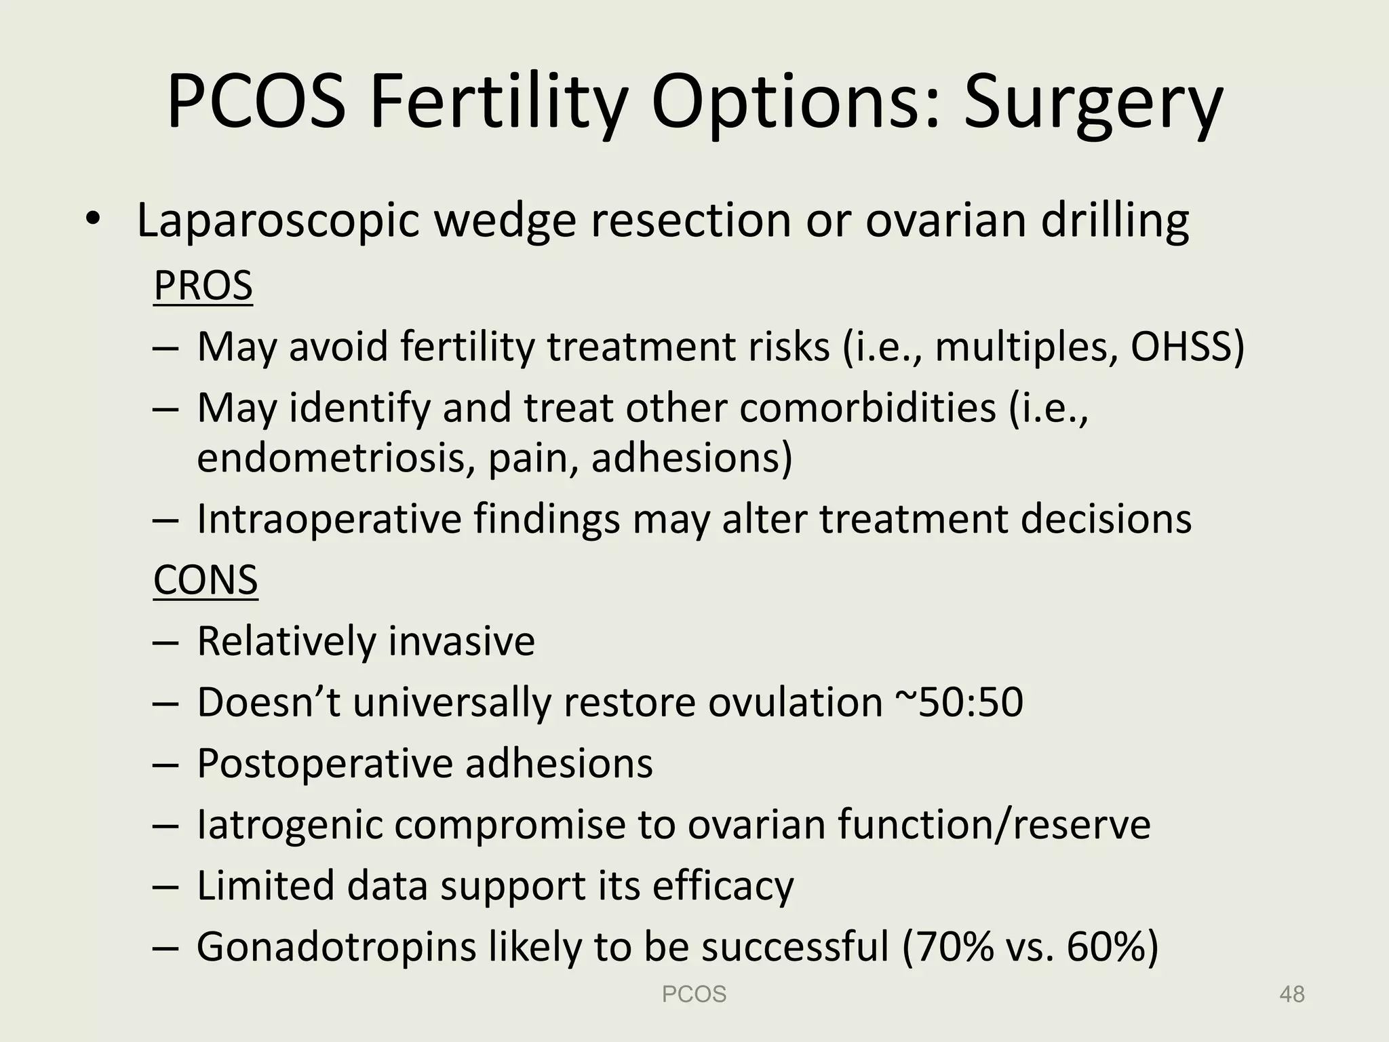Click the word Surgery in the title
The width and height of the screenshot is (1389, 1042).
point(1093,103)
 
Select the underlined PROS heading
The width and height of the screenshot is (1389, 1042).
point(203,286)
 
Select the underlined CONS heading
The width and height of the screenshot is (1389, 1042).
point(206,580)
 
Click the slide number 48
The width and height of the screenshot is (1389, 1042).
point(1291,995)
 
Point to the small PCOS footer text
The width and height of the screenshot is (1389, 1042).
point(694,995)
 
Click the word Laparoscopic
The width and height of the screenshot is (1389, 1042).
point(277,221)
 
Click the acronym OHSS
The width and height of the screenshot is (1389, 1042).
point(1186,347)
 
